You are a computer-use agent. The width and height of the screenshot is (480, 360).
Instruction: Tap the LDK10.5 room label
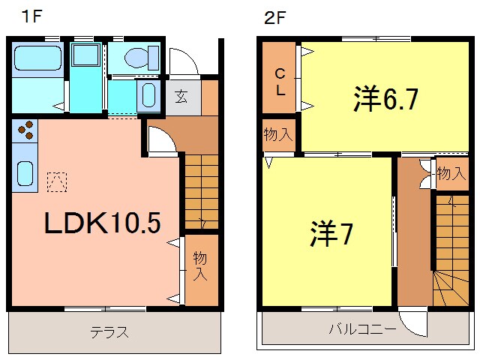101,223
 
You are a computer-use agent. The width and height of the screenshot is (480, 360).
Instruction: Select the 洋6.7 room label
385,100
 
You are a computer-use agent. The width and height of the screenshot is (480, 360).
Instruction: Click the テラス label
109,332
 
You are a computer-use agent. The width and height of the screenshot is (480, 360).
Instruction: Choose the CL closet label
279,79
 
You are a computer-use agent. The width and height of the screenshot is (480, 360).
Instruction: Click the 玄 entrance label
181,96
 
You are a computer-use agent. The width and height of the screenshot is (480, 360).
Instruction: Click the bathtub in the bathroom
38,55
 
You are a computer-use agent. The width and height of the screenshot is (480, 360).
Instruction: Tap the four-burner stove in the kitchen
24,130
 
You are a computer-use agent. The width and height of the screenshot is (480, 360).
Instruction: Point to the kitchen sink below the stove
23,173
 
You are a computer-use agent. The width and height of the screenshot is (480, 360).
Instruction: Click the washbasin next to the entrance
148,95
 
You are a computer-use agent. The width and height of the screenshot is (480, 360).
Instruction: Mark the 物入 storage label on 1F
200,265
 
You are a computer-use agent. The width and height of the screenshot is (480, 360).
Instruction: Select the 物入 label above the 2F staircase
451,175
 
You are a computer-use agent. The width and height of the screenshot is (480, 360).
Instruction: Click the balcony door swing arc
412,323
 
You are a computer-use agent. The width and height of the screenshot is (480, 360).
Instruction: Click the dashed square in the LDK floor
56,181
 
